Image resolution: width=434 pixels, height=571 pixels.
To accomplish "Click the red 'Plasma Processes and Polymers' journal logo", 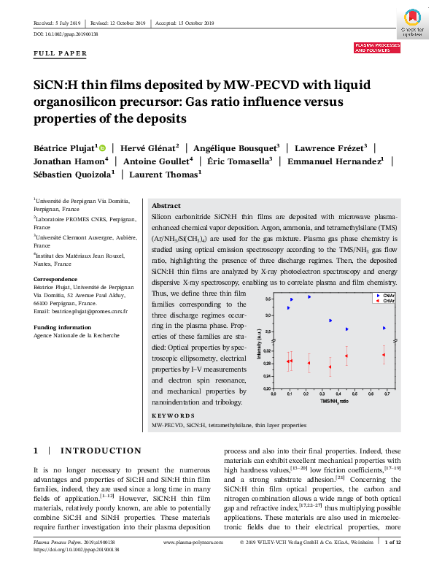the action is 377,47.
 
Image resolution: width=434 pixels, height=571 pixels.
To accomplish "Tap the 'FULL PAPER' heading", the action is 61,53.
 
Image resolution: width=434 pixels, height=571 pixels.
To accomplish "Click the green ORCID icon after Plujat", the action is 102,147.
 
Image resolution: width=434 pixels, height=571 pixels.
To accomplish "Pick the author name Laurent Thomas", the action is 165,175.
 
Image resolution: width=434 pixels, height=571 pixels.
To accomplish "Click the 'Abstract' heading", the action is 166,206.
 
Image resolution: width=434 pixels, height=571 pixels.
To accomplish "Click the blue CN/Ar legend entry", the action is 384,296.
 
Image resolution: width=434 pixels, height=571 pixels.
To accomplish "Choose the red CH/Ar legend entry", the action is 384,301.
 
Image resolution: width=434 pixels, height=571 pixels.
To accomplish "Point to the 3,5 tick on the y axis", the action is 268,299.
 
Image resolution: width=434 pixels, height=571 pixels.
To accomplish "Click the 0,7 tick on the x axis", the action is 387,394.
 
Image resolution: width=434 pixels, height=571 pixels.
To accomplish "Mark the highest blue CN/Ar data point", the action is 309,296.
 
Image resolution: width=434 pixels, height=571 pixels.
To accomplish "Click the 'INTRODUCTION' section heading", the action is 101,451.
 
